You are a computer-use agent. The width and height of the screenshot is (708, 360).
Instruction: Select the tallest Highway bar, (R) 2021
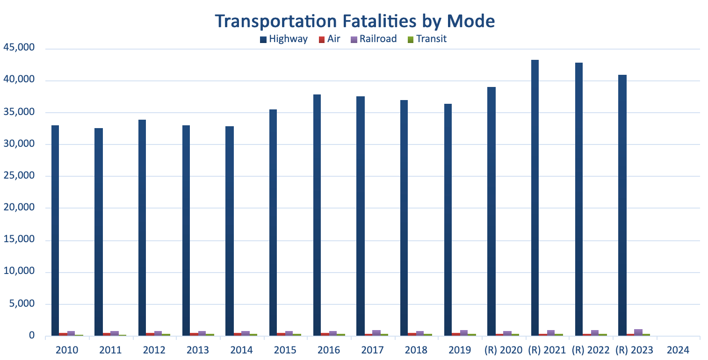click(x=535, y=196)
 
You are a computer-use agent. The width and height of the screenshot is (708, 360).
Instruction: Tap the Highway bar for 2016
click(x=317, y=215)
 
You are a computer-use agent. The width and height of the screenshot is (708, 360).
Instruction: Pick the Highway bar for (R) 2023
click(x=622, y=206)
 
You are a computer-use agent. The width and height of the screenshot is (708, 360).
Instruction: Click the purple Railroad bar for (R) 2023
click(x=638, y=332)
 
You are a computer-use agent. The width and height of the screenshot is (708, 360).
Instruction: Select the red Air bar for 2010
click(x=63, y=334)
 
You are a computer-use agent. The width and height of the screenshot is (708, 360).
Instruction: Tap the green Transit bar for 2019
click(x=472, y=335)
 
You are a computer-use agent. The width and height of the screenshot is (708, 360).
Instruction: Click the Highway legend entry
click(x=284, y=39)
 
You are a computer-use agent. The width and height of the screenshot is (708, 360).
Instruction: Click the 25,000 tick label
click(x=19, y=176)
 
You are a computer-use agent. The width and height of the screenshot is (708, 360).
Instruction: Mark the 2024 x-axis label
click(x=678, y=350)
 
